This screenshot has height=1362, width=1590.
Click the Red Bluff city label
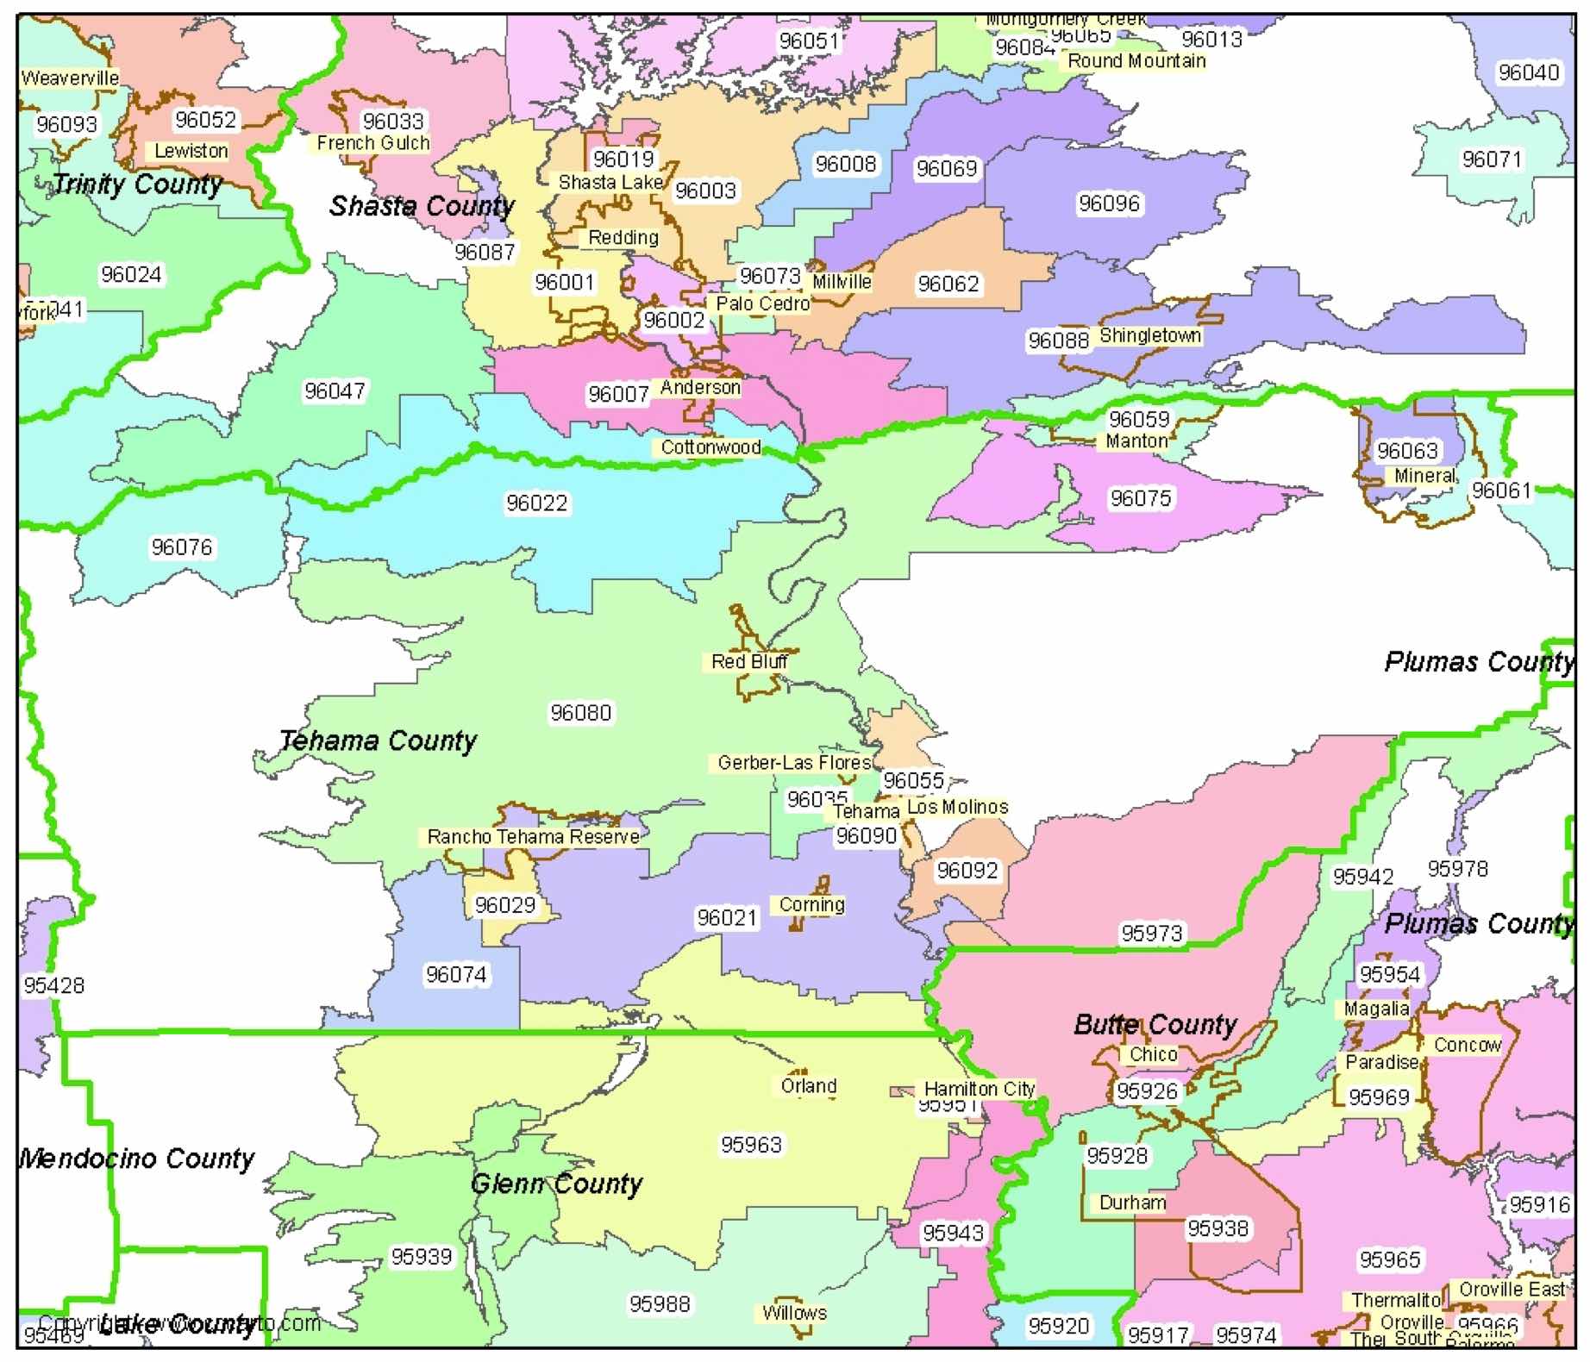click(x=748, y=661)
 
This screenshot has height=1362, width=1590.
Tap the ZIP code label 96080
click(x=580, y=713)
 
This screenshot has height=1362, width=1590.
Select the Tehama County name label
click(x=378, y=740)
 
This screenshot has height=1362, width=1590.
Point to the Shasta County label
click(x=422, y=206)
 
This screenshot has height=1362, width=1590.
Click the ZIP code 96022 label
click(x=536, y=503)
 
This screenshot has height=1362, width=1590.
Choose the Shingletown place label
click(x=1149, y=335)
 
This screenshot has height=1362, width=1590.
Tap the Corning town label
click(x=811, y=904)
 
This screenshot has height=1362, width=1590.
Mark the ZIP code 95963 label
click(x=751, y=1145)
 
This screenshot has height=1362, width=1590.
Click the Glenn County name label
click(x=556, y=1184)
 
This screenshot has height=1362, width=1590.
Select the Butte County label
click(x=1155, y=1025)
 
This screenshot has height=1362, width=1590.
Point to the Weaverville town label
click(x=70, y=78)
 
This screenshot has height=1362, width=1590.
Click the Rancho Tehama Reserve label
click(x=533, y=836)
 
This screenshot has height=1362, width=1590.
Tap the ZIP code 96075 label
click(x=1140, y=498)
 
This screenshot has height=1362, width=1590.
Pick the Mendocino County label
click(x=136, y=1159)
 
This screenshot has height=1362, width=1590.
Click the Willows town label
click(x=793, y=1313)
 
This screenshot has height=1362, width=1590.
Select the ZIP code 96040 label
click(x=1528, y=72)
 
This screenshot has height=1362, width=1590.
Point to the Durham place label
click(x=1131, y=1203)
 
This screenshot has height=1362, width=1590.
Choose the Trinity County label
click(x=137, y=184)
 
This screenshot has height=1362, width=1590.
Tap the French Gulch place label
click(x=372, y=143)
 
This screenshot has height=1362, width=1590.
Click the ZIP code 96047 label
click(x=334, y=391)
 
